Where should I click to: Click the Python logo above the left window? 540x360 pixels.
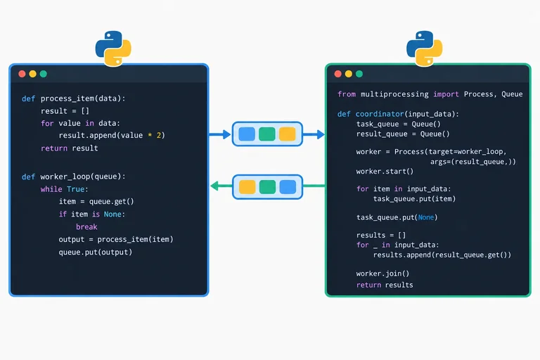[113, 49]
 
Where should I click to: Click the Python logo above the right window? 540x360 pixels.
[424, 49]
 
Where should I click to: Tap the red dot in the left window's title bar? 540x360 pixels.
[22, 74]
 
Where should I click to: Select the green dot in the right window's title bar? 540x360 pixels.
[359, 74]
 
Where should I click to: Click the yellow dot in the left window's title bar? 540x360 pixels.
[33, 74]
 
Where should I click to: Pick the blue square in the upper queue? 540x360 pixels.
[247, 134]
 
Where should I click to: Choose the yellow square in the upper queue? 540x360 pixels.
[287, 134]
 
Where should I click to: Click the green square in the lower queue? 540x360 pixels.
[267, 187]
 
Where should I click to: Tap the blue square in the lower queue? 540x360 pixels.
[288, 187]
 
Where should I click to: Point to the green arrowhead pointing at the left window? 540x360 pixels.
[214, 186]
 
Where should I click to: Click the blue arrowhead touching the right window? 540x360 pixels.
[321, 134]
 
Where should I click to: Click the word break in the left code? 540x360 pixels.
[86, 226]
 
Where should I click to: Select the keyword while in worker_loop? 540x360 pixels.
[51, 189]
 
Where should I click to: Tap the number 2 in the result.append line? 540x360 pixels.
[159, 136]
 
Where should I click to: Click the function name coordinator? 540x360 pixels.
[380, 114]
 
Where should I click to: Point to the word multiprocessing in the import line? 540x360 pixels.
[394, 94]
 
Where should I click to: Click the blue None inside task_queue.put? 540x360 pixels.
[425, 217]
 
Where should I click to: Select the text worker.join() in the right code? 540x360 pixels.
[382, 274]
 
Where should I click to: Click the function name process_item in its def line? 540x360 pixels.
[67, 99]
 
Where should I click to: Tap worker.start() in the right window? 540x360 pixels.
[385, 172]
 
